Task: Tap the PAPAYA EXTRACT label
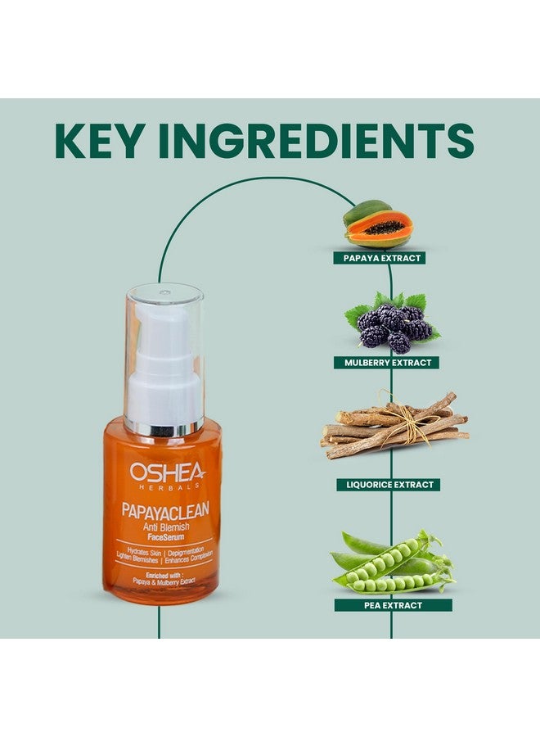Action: pos(377,258)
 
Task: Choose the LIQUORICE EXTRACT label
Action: pos(388,485)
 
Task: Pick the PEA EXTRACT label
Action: pos(392,605)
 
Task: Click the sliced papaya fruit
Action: pos(379,228)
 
